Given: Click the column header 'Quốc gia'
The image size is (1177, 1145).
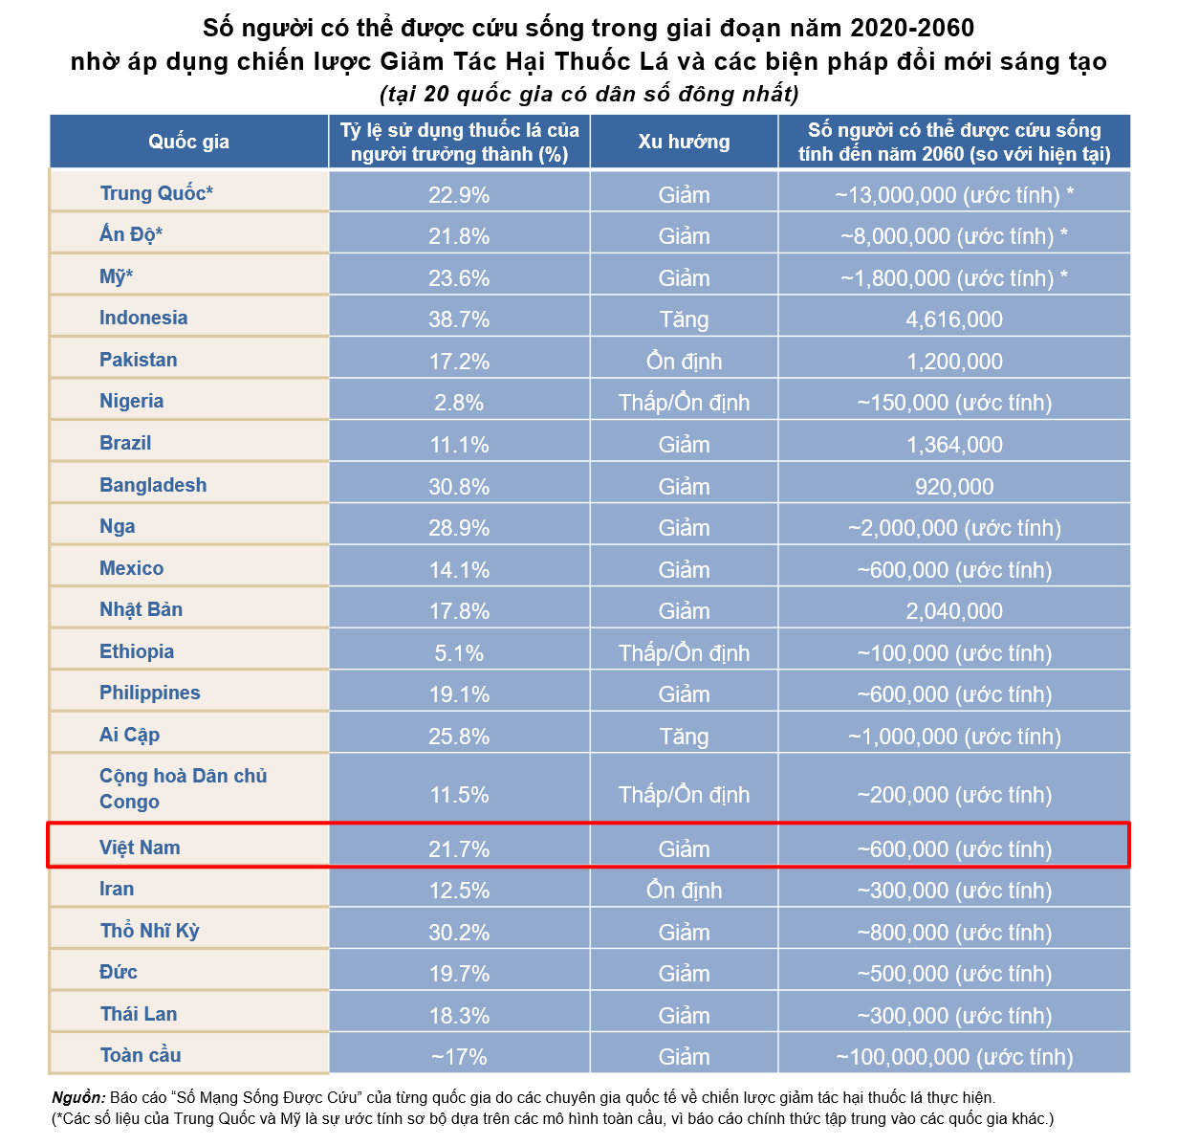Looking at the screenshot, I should point(188,142).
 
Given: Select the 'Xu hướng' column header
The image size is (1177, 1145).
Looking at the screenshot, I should point(684,142).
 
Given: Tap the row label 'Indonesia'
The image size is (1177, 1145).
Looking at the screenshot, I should point(143,318).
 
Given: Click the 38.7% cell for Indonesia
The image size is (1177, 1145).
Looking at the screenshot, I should point(459,319).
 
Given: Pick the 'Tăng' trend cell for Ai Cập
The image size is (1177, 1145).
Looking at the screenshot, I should point(684,737).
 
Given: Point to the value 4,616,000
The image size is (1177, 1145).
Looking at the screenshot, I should point(954,319).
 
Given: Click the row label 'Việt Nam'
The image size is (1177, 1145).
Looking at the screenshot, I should point(140,848).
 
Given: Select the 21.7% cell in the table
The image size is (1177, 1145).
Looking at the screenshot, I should point(459,849).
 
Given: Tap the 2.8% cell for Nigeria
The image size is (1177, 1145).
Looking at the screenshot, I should point(459,403).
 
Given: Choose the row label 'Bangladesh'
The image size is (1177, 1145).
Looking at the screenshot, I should point(153,485).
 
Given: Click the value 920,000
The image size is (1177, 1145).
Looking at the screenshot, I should point(954,487).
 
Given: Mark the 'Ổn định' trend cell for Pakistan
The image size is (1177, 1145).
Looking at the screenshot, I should point(684,362).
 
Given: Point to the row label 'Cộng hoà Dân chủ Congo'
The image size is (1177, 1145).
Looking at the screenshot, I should point(183,788).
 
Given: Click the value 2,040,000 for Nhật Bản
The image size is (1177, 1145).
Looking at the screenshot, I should point(954,611).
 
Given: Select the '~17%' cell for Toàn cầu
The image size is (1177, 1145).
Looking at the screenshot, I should point(459,1057).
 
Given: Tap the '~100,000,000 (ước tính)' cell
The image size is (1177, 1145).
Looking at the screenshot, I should point(954,1057).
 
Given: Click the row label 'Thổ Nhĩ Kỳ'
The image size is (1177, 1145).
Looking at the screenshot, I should point(150,931).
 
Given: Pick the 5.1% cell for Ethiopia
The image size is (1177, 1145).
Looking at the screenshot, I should point(459,653).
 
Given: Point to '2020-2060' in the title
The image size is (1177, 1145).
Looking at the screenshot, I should point(913,27).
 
